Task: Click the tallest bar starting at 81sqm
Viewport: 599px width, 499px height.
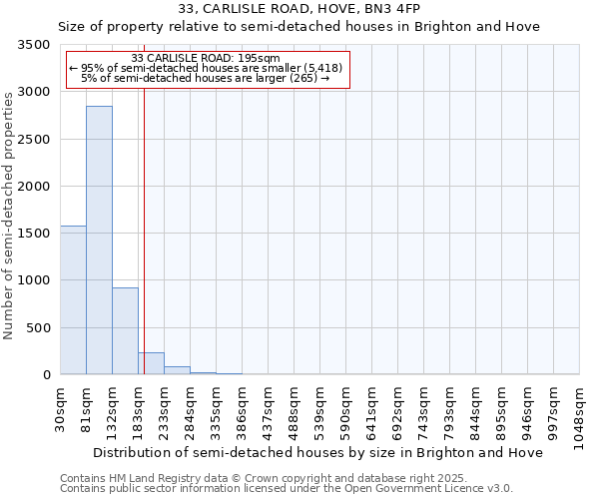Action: (99, 240)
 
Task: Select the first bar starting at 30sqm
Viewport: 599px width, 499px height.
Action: (73, 299)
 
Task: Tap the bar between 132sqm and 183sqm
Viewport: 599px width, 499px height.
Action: (125, 330)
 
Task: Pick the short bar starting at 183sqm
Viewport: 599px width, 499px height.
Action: (151, 363)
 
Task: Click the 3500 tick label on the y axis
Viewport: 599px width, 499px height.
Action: (34, 45)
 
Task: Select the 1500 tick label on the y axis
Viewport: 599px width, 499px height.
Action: (34, 234)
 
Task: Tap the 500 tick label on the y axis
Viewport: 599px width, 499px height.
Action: (38, 327)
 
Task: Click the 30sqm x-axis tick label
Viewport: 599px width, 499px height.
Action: (61, 405)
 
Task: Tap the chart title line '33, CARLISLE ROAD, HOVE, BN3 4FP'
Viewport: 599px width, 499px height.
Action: (299, 8)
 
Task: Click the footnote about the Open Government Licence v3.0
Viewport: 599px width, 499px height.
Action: (287, 489)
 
